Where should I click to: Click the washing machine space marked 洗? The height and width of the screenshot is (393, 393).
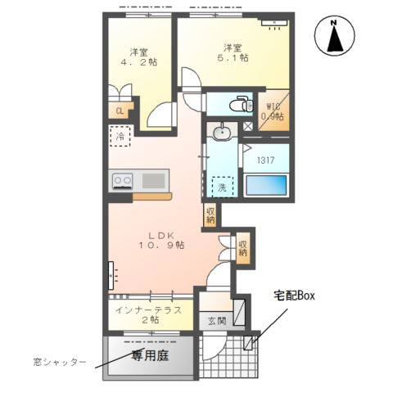[x=221, y=187]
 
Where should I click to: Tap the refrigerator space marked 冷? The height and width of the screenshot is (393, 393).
[x=120, y=138]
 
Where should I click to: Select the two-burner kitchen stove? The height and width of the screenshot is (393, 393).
[x=124, y=180]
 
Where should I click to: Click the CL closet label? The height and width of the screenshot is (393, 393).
[x=120, y=111]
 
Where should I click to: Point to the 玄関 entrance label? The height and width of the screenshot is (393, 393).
[x=215, y=320]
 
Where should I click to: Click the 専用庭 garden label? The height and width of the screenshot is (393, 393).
[x=149, y=355]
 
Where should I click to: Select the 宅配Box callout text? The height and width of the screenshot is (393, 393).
[x=294, y=294]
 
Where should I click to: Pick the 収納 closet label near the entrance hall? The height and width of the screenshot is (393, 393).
[x=243, y=246]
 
